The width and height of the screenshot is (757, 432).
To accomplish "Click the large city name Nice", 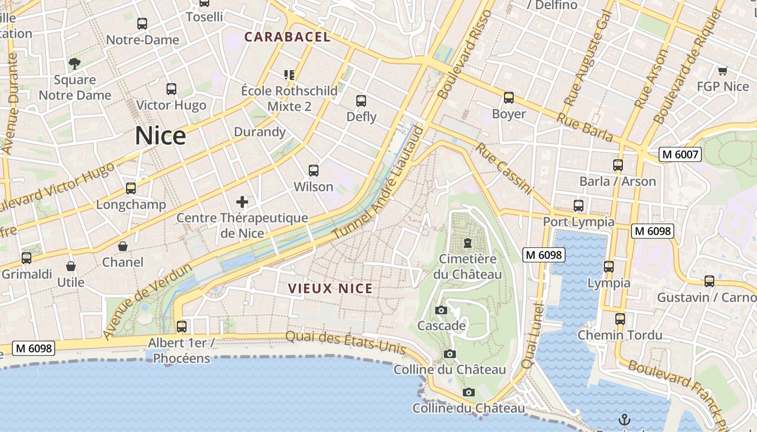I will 160,136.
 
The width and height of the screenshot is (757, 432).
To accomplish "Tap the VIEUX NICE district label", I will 330,288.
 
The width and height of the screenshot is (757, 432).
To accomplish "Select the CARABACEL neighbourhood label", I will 287,37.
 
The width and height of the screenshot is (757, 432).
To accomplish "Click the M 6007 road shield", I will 680,154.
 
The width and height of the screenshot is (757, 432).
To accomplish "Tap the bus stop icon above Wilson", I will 313,171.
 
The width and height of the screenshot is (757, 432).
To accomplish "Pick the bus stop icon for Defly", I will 361,101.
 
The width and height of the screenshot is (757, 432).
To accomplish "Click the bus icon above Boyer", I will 508,98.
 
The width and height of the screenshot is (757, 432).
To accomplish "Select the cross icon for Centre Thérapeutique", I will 242,202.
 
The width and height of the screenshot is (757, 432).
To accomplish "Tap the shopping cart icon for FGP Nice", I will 722,71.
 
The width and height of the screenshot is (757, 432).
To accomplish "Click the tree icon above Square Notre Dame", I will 75,64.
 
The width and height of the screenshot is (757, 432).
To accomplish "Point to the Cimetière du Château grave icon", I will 467,243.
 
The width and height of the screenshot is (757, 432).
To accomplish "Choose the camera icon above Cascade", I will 441,310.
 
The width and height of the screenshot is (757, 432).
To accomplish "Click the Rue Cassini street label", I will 503,168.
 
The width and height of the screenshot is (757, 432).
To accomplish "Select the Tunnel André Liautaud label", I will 377,181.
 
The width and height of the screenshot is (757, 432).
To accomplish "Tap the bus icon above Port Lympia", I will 578,205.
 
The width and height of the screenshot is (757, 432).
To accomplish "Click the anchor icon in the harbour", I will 625,419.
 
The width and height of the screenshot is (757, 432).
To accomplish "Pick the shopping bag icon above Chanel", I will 123,246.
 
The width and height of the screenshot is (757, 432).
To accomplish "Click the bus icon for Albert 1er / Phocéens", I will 182,327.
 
